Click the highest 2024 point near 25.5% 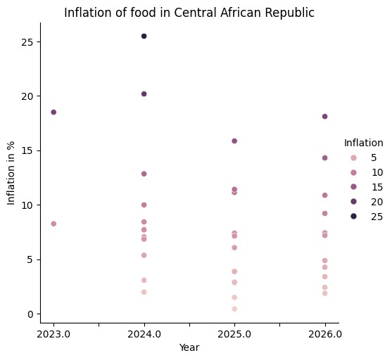(144, 36)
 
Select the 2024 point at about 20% (144, 94)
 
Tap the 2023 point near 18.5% (53, 112)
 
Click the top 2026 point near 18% (324, 117)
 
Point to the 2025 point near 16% (234, 141)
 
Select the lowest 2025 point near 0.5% (234, 309)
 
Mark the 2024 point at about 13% (144, 174)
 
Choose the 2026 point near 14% (324, 158)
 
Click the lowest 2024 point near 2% (144, 292)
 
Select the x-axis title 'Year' (189, 347)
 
